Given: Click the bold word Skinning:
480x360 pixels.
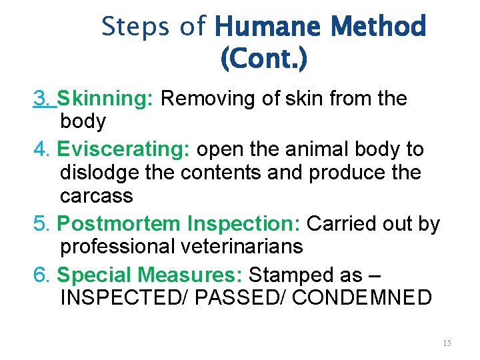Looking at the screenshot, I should [106, 99].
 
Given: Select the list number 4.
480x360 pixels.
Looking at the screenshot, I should [41, 149].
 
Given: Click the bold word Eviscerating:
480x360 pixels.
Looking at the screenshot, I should [123, 149].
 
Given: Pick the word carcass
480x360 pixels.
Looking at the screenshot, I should [97, 196].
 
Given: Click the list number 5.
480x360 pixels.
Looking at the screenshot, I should [41, 223].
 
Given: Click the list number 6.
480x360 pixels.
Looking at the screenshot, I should [41, 274].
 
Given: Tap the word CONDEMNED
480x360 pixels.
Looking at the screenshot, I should [362, 297].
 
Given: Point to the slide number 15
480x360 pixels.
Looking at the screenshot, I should [447, 343].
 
